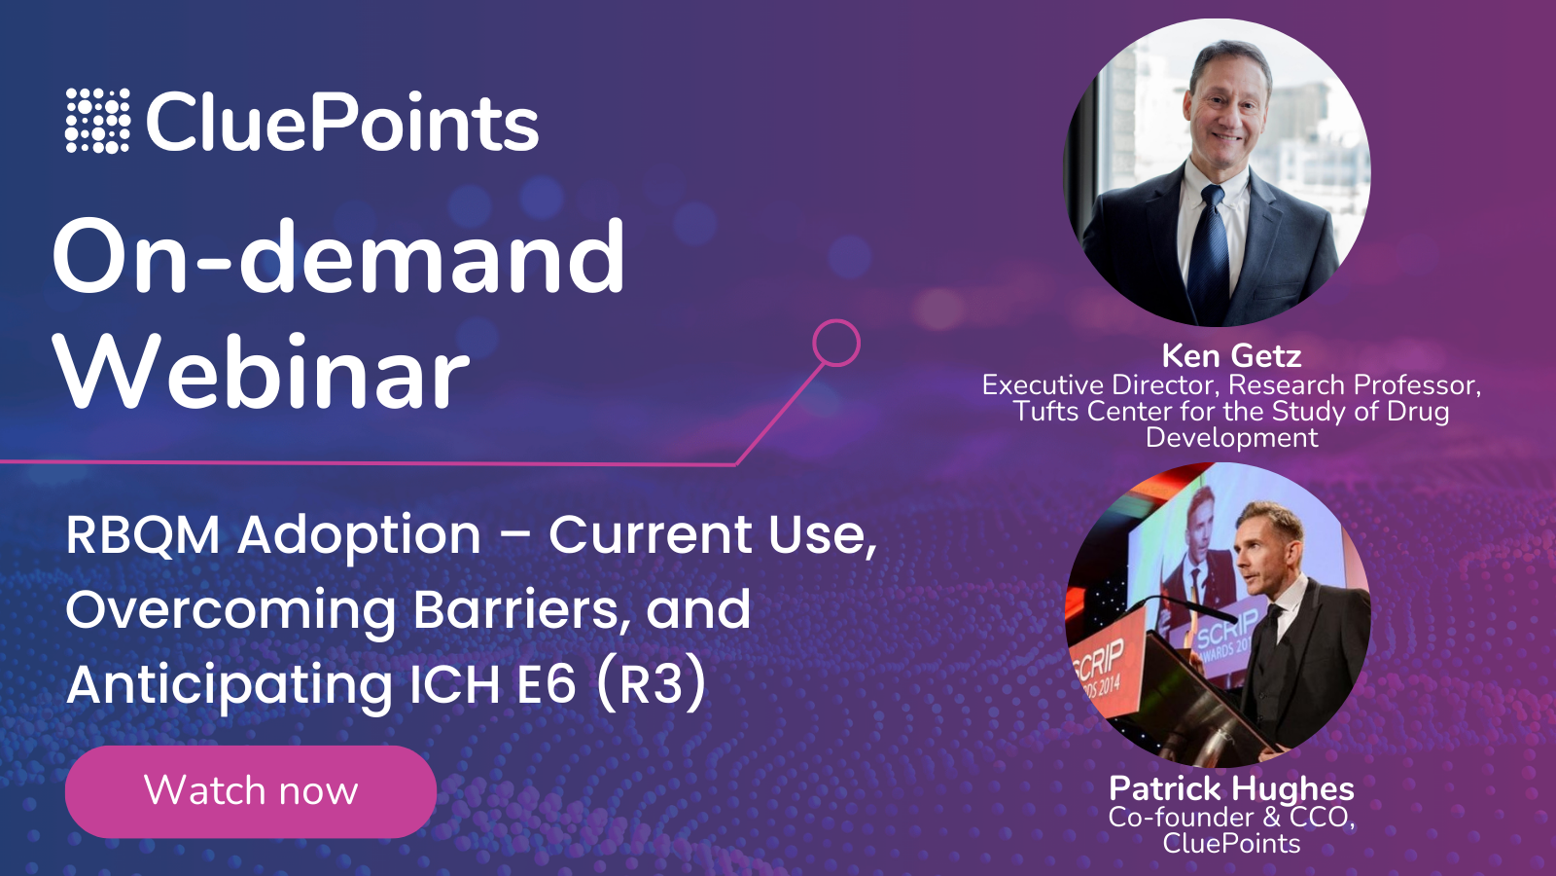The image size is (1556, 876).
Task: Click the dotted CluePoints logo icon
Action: [x=97, y=121]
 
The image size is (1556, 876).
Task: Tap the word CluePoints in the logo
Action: [x=342, y=124]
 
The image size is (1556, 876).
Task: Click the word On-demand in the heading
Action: [x=338, y=257]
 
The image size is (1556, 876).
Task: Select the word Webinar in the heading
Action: [x=262, y=374]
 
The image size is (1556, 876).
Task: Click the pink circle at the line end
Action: [x=836, y=343]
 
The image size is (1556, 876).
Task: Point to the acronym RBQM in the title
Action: [x=143, y=536]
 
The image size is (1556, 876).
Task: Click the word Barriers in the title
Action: [x=515, y=610]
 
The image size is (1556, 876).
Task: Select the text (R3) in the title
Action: [x=651, y=684]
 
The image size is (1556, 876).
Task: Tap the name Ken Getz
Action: [x=1231, y=356]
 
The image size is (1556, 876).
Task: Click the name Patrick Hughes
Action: [x=1231, y=788]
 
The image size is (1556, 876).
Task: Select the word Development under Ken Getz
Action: [x=1231, y=438]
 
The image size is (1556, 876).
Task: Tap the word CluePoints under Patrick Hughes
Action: [x=1231, y=844]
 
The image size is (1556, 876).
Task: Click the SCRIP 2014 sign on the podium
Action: [x=1100, y=667]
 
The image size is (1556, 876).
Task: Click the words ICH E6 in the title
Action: [x=492, y=684]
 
